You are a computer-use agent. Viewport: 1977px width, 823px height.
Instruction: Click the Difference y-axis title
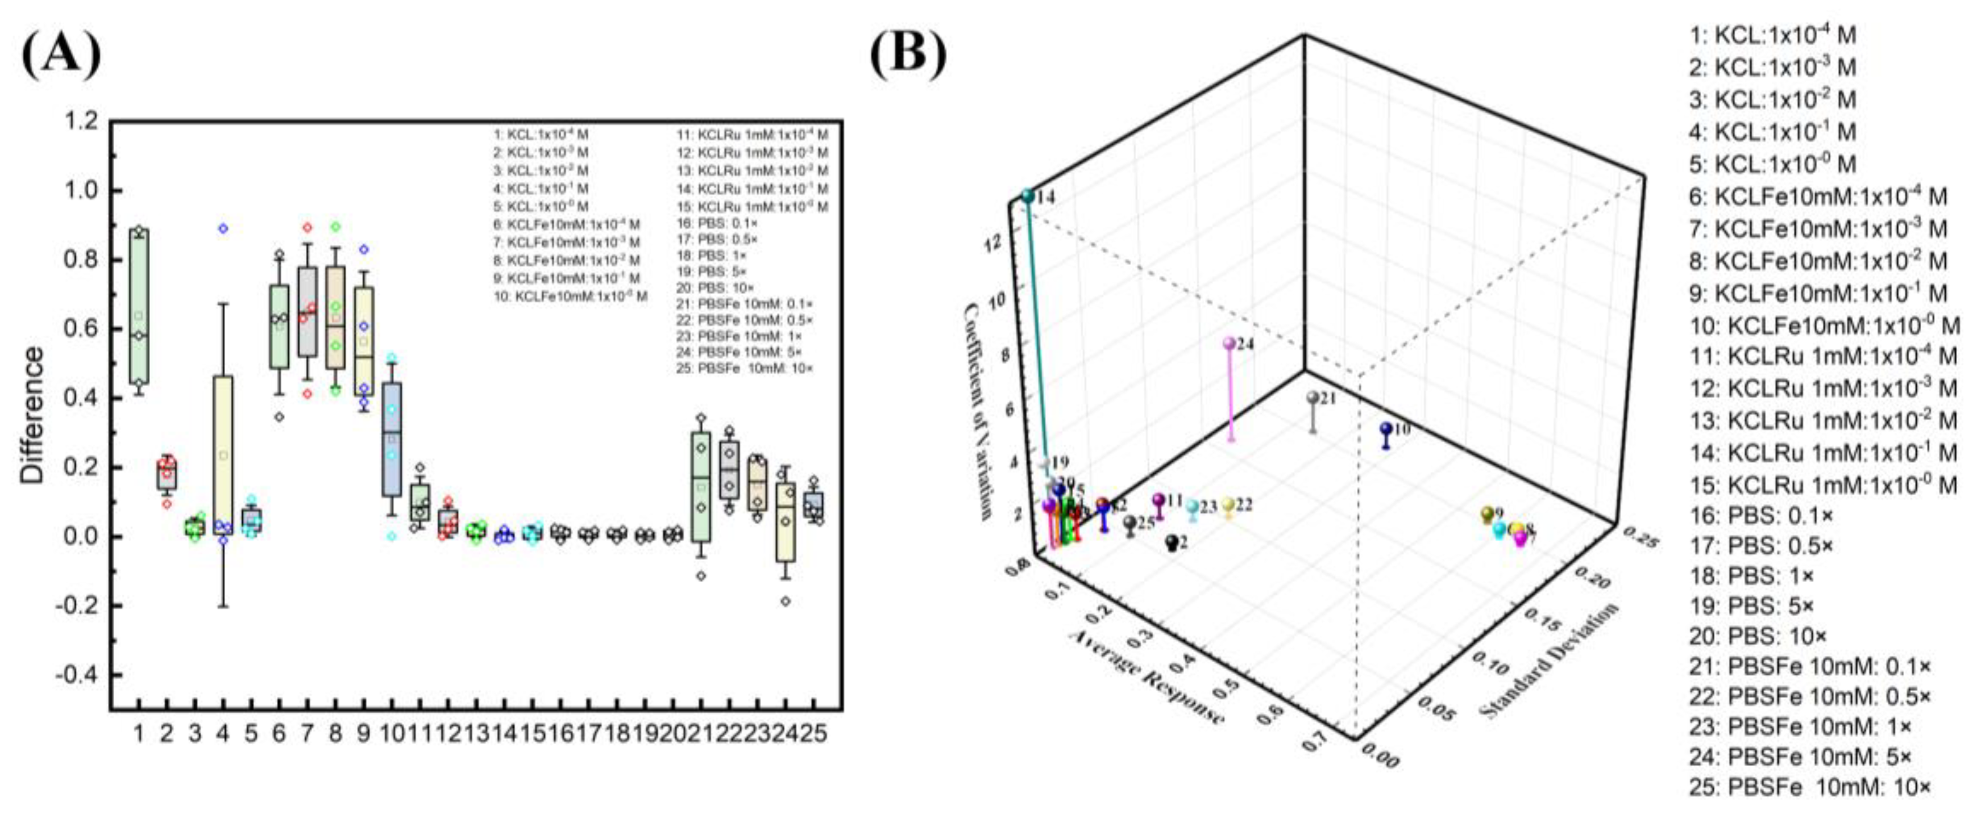(32, 414)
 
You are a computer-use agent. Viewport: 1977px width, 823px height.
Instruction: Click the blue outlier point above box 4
(223, 228)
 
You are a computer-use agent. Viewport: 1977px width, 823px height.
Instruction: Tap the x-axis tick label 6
(279, 734)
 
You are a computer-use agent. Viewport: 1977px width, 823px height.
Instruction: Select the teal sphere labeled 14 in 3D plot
(1028, 197)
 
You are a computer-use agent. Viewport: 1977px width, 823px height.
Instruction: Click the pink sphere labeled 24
(1230, 344)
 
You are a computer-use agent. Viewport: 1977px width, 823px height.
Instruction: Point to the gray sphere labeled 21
(1313, 398)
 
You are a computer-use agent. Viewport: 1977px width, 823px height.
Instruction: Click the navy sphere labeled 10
(1385, 429)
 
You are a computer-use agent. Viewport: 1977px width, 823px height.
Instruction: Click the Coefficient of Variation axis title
(978, 410)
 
